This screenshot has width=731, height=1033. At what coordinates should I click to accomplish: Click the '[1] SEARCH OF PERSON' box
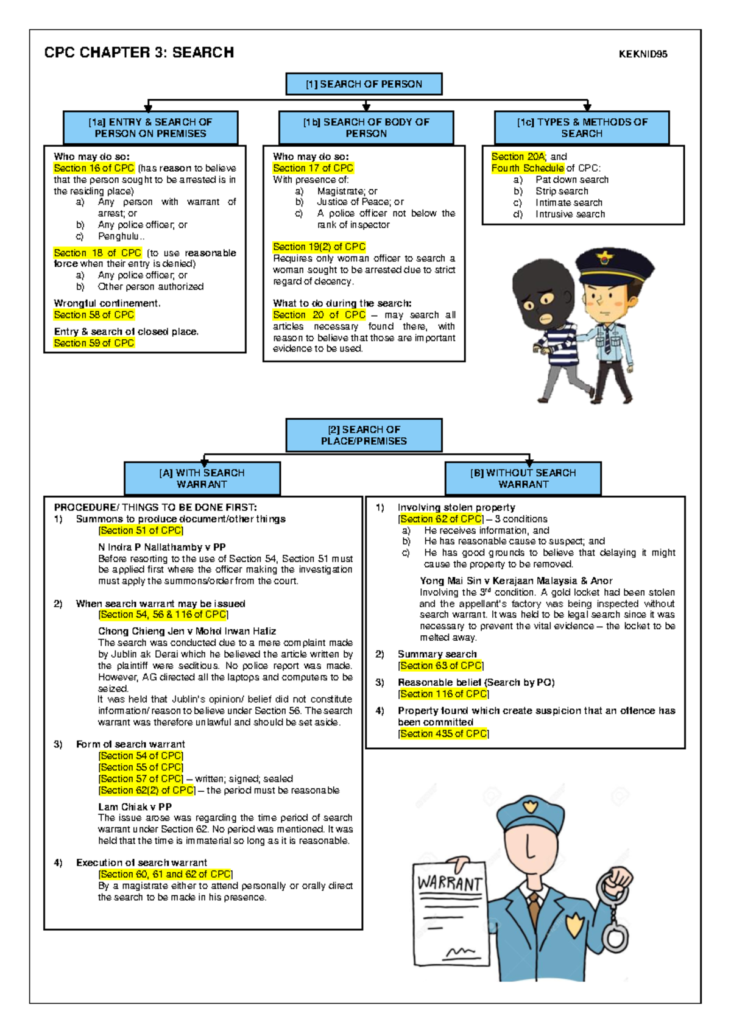tap(364, 84)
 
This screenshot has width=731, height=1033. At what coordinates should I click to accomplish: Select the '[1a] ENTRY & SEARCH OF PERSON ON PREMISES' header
tap(150, 127)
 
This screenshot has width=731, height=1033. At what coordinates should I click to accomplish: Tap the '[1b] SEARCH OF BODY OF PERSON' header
tap(366, 127)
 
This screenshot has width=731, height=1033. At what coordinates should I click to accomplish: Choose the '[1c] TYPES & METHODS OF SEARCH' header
tap(582, 127)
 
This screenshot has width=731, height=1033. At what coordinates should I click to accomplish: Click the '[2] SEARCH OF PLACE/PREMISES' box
tap(364, 435)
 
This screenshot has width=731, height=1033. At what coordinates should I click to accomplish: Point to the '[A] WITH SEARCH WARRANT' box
tap(202, 478)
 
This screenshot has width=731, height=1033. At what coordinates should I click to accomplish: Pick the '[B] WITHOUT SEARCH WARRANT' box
tap(523, 478)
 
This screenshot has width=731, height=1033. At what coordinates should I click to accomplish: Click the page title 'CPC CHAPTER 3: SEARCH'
tap(139, 53)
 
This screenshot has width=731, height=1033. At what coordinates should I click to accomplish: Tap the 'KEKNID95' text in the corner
tap(643, 54)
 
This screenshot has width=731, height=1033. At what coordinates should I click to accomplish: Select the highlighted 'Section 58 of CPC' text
tap(94, 315)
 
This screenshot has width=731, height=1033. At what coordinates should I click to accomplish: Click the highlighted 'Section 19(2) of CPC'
tap(319, 247)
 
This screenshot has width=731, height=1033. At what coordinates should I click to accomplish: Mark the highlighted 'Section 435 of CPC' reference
tap(443, 734)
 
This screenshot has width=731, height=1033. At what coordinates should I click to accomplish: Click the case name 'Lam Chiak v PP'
tap(135, 807)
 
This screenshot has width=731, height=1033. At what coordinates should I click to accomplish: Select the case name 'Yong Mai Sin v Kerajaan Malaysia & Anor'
tap(516, 581)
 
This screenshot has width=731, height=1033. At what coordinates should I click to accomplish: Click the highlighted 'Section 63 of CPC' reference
tap(441, 666)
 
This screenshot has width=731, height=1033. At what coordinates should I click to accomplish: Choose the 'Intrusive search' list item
tap(570, 214)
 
